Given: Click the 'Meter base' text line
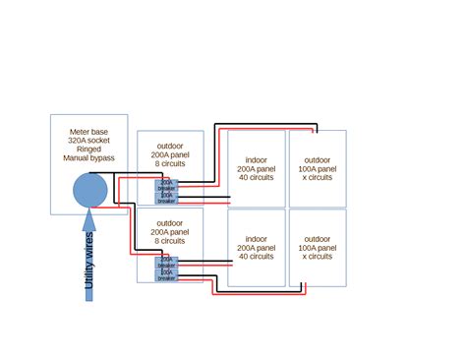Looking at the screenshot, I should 89,131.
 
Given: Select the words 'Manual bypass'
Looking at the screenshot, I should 89,157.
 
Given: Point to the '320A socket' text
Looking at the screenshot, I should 89,140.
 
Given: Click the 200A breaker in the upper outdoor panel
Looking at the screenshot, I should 167,185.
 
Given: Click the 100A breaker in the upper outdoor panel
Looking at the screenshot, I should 167,198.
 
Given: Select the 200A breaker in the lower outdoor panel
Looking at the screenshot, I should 167,263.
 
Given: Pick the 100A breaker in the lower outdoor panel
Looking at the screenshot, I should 167,275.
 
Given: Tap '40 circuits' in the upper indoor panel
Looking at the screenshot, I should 257,178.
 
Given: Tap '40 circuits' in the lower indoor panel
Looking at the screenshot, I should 257,257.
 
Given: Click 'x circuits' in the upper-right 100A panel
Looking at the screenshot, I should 318,178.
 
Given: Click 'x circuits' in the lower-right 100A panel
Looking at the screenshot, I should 318,257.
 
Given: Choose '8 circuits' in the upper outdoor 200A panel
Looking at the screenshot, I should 169,164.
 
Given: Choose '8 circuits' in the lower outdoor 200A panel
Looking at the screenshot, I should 169,240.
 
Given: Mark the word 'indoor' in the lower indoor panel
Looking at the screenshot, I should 257,239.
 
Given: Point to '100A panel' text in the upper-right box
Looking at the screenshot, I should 318,169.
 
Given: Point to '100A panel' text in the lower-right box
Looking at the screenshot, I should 318,248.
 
